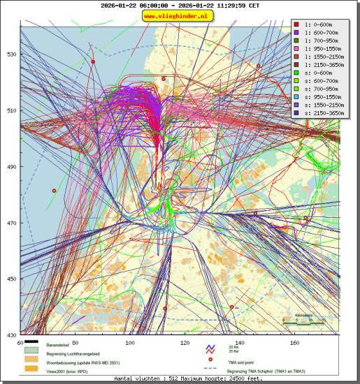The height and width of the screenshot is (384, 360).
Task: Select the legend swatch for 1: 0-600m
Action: (297, 24)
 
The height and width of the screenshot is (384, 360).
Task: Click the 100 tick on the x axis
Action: (130, 342)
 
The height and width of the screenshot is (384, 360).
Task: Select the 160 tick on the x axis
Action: (294, 342)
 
